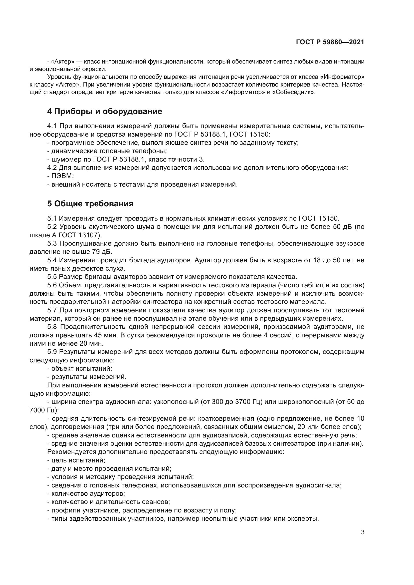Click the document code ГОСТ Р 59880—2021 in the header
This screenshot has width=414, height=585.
(x=330, y=42)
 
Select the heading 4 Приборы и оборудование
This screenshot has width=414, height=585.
(x=105, y=111)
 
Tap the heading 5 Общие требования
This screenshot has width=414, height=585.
(x=90, y=204)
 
